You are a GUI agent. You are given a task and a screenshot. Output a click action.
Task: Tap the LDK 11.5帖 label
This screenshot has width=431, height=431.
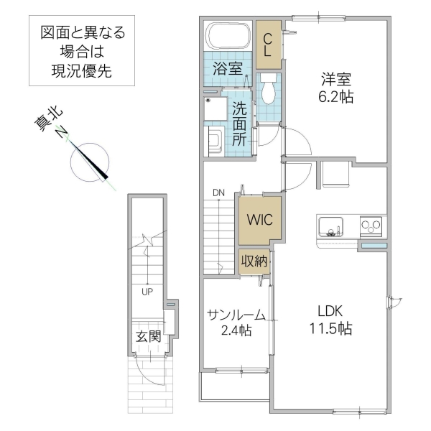coord(330,320)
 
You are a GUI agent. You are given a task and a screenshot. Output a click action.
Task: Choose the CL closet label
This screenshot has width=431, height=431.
coord(267,45)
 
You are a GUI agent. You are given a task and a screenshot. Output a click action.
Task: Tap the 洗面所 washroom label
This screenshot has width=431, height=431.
coord(239,124)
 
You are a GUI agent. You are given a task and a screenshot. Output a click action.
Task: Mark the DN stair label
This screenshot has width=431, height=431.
coord(218,192)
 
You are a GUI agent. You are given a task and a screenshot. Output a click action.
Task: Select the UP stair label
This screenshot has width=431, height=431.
coord(147,292)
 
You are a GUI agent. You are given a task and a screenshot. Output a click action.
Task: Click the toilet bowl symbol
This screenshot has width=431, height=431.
coord(269,91)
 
